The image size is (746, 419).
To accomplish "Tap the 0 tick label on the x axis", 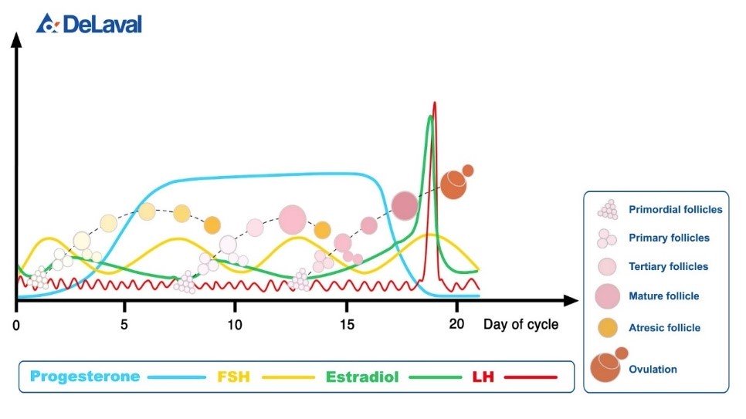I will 17,324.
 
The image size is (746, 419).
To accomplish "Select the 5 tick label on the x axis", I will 124,324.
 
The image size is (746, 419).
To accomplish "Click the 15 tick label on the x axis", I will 347,324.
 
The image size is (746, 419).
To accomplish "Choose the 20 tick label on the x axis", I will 456,324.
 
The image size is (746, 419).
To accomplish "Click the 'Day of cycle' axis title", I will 521,325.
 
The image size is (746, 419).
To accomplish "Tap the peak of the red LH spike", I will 435,103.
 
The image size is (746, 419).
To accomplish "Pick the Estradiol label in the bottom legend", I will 361,377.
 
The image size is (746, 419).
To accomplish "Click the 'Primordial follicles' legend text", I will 675,209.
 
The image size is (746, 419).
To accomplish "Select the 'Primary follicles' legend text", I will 669,238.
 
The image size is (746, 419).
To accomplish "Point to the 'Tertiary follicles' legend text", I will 668,266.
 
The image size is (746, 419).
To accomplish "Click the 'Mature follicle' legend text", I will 663,296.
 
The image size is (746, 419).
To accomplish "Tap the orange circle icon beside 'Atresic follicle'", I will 608,326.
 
